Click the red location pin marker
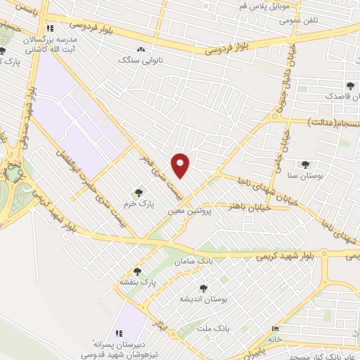click(x=181, y=164)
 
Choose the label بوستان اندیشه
click(x=204, y=299)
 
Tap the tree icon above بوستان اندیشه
click(x=204, y=288)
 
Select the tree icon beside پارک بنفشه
click(x=137, y=271)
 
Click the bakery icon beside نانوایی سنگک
click(x=142, y=50)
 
